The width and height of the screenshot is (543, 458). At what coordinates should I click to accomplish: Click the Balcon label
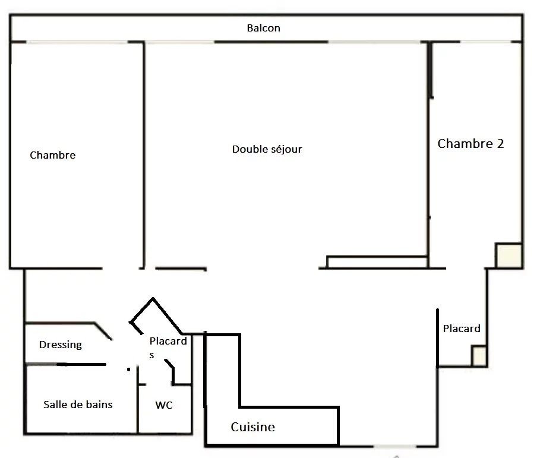(x=264, y=28)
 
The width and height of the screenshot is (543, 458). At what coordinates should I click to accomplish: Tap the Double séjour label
(x=267, y=149)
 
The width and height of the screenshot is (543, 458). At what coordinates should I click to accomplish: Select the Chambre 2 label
(x=471, y=143)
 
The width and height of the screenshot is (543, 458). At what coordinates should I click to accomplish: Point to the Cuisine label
(x=253, y=427)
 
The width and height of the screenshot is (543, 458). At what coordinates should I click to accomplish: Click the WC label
(x=164, y=405)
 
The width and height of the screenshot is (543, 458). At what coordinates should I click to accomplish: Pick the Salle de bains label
(x=78, y=405)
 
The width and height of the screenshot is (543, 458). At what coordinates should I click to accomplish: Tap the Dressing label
(x=61, y=345)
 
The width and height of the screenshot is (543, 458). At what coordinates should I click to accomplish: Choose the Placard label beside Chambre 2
(x=462, y=329)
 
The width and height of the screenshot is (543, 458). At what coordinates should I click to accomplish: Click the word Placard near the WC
(x=168, y=341)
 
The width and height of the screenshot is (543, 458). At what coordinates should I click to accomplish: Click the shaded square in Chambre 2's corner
(x=509, y=255)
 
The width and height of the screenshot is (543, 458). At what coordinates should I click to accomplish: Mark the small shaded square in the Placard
(x=479, y=356)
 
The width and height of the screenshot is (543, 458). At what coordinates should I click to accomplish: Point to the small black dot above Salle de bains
(x=128, y=369)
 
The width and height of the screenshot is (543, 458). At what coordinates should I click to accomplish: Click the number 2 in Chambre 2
(x=500, y=143)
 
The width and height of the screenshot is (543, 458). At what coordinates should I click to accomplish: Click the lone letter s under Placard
(x=151, y=355)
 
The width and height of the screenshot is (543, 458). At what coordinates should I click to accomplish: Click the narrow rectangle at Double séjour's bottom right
(x=377, y=262)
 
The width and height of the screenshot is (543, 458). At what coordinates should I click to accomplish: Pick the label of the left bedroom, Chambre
(x=53, y=155)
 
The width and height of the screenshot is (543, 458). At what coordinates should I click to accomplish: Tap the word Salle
(x=53, y=405)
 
